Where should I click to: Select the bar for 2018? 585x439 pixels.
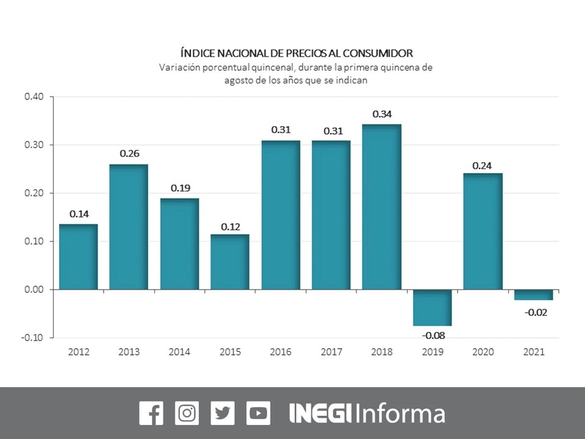(x=381, y=207)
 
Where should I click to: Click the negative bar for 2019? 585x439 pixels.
(x=432, y=307)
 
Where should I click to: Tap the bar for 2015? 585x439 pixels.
(x=230, y=262)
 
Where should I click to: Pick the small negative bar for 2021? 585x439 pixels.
(x=533, y=295)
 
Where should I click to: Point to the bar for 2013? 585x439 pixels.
(x=129, y=227)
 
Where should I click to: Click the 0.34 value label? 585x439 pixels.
(x=381, y=114)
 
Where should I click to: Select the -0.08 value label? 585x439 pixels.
(x=432, y=335)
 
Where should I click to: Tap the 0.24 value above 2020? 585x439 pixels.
(x=483, y=165)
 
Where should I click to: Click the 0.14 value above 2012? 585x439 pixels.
(x=79, y=214)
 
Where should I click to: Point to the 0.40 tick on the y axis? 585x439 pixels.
(x=34, y=96)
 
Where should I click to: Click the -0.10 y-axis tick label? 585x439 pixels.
(x=33, y=337)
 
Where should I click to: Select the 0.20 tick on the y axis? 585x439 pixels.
(x=34, y=193)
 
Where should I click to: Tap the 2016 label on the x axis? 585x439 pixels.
(x=281, y=352)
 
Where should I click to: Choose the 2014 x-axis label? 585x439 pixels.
(x=180, y=352)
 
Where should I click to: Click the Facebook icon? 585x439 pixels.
(x=151, y=413)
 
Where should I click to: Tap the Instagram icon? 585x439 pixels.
(x=187, y=413)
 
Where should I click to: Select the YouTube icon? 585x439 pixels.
(x=258, y=413)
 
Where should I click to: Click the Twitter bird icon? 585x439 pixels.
(x=222, y=413)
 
